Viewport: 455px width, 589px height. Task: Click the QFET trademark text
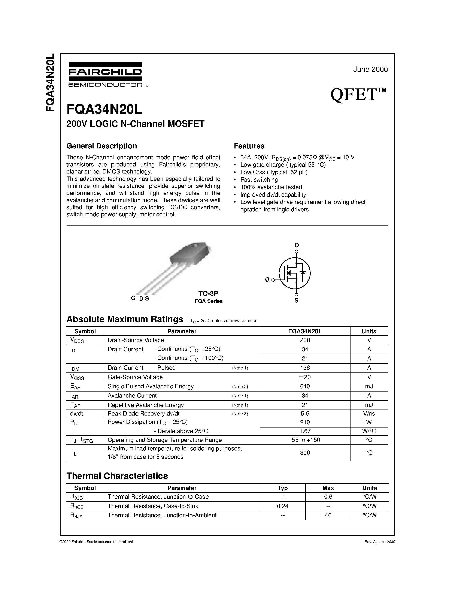358,95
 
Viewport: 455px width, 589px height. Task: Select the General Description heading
102,146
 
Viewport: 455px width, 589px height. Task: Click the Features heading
249,146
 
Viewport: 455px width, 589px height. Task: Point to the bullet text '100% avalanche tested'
271,187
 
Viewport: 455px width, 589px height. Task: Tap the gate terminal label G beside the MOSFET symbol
267,280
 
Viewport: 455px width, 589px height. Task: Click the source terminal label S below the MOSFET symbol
296,300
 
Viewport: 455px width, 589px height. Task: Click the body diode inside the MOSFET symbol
303,273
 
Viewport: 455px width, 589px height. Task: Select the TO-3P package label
208,293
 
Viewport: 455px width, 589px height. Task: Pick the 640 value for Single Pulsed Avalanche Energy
305,386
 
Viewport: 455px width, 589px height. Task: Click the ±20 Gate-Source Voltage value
305,377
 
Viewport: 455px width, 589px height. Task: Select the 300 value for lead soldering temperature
305,453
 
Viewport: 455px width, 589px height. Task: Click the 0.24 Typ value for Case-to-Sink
282,506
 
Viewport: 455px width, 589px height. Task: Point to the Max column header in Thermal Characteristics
328,488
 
